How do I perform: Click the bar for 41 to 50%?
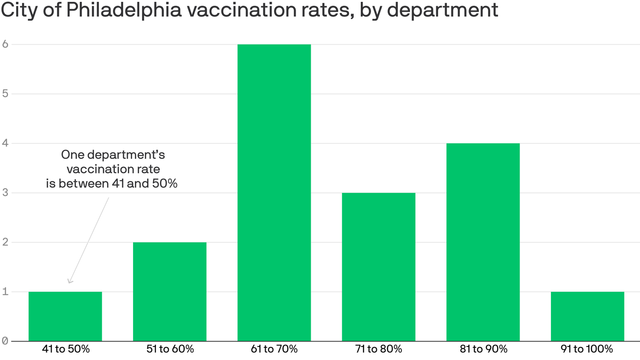click(x=65, y=316)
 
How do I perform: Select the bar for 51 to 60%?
click(x=170, y=292)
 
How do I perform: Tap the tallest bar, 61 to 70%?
click(x=274, y=193)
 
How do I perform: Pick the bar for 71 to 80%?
click(x=379, y=267)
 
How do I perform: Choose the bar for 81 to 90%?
click(x=483, y=242)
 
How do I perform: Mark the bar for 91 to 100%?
click(x=588, y=316)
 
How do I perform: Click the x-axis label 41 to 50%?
click(x=65, y=349)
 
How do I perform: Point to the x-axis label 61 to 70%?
click(x=274, y=349)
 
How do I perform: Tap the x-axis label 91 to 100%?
click(x=588, y=349)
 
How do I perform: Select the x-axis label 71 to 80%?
click(x=379, y=349)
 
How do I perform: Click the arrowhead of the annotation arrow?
click(x=69, y=282)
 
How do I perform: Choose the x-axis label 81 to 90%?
click(x=483, y=349)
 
